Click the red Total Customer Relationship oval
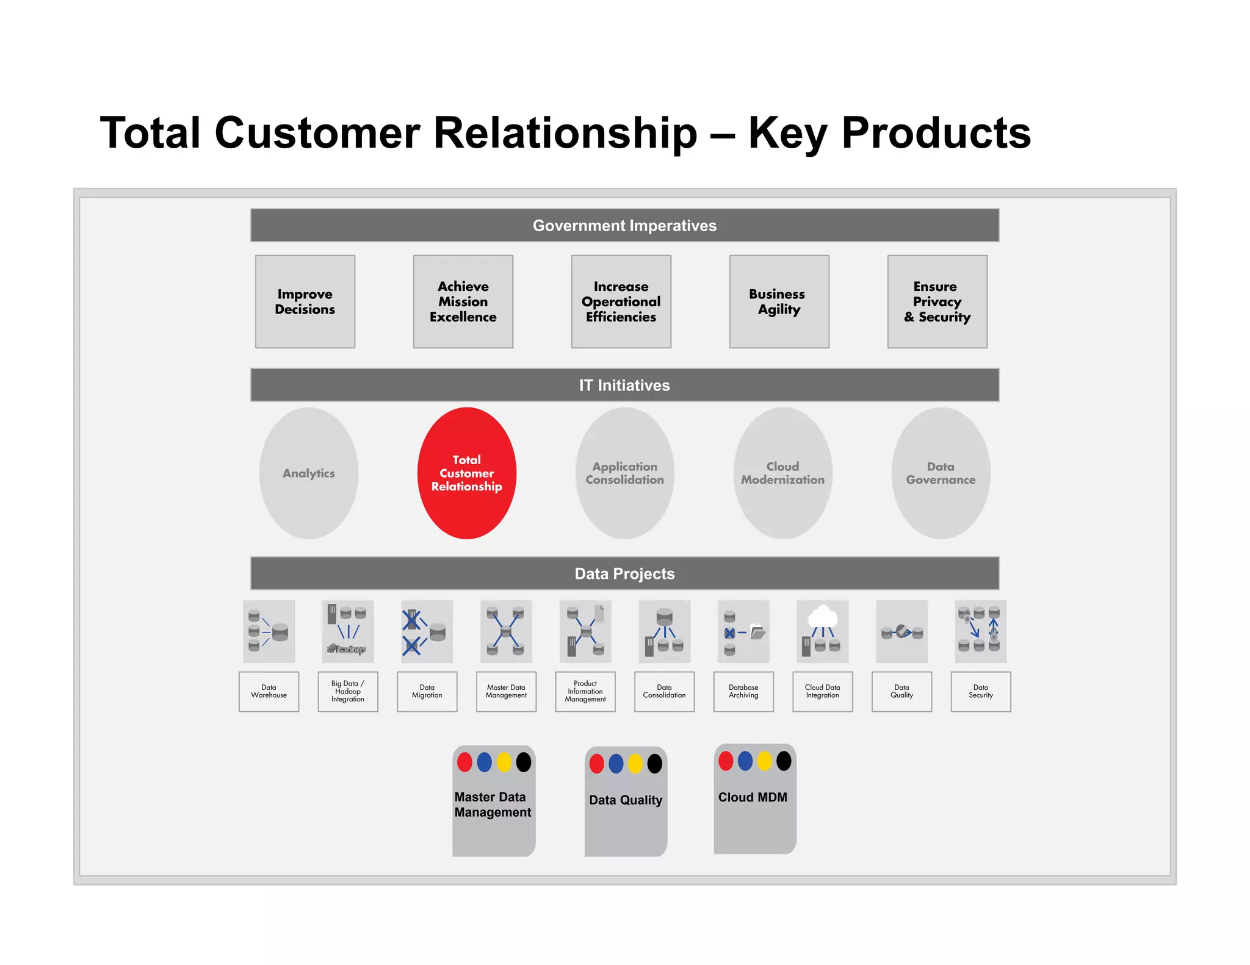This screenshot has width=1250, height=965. point(467,473)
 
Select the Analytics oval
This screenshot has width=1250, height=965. point(309,473)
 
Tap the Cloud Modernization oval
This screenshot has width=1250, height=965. point(782,473)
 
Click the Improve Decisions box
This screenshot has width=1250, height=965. point(305,302)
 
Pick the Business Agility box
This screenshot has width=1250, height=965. point(779,302)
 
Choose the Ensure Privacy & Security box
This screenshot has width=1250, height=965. point(937,302)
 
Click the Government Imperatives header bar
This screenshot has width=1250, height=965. point(624,226)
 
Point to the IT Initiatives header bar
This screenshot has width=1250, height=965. point(624,385)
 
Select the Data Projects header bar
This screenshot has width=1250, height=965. point(624,573)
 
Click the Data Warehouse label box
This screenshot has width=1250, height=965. point(269,692)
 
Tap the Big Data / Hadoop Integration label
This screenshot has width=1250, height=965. point(348,692)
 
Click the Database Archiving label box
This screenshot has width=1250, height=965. point(743,692)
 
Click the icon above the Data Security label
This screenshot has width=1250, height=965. point(980,631)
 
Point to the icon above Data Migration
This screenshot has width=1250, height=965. point(427,631)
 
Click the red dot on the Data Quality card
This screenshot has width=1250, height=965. point(597,764)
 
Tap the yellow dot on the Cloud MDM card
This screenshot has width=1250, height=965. point(764,761)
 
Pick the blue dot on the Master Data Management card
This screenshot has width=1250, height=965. point(484,762)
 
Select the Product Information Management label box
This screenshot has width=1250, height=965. point(585,692)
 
